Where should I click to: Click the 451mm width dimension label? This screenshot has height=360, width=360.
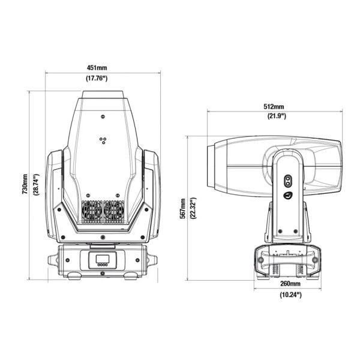[x=97, y=68]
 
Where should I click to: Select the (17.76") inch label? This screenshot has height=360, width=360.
[x=97, y=79]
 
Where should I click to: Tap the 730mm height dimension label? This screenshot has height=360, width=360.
[x=25, y=184]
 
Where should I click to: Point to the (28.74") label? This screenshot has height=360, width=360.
[x=36, y=185]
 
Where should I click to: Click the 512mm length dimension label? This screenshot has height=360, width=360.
[x=274, y=107]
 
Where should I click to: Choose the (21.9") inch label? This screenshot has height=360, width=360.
[x=277, y=116]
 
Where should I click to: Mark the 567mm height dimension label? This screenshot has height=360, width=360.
[x=183, y=208]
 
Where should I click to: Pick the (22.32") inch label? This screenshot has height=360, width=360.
[x=194, y=208]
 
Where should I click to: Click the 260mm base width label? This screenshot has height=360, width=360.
[x=290, y=284]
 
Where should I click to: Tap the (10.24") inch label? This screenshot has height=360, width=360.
[x=290, y=295]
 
